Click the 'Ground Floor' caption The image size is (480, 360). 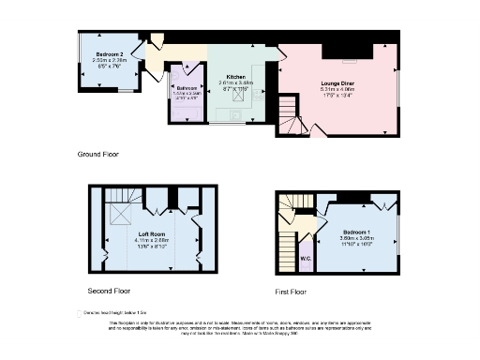pos(99,153)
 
